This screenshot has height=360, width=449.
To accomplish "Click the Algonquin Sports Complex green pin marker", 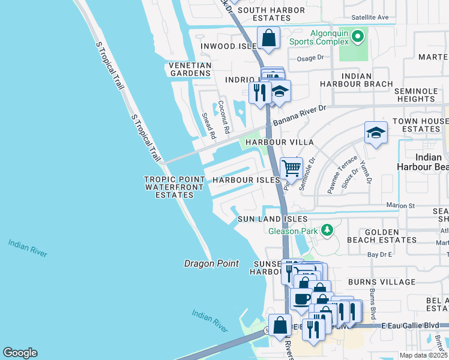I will tap(358, 37).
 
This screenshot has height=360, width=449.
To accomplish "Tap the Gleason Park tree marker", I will tap(327, 230).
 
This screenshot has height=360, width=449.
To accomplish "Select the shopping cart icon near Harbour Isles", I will tap(291, 168).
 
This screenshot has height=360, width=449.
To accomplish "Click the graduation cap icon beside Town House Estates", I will tap(376, 133).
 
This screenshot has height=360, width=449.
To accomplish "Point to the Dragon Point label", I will tap(211, 263).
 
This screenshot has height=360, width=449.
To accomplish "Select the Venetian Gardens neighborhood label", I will tap(190, 69).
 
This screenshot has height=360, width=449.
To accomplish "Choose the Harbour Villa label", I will tap(283, 142).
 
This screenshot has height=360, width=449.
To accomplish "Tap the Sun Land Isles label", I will tap(273, 220).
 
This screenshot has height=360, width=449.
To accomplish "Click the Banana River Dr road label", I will tap(298, 115).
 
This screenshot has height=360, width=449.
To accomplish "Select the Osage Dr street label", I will tap(310, 58).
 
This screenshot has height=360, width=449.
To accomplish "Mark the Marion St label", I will tap(400, 205).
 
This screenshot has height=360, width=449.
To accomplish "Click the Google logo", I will tap(20, 353).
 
